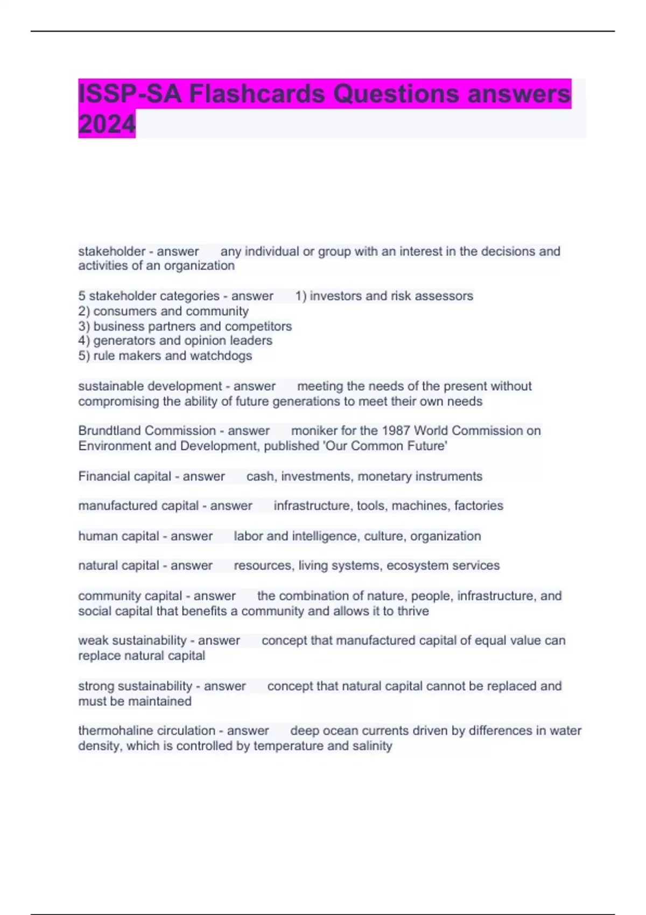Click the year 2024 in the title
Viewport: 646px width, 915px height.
coord(107,124)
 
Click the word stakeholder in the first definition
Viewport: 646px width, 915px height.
coord(112,251)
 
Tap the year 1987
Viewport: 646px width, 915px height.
coord(396,431)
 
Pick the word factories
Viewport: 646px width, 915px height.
coord(479,506)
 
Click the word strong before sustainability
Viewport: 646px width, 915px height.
coord(95,686)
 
